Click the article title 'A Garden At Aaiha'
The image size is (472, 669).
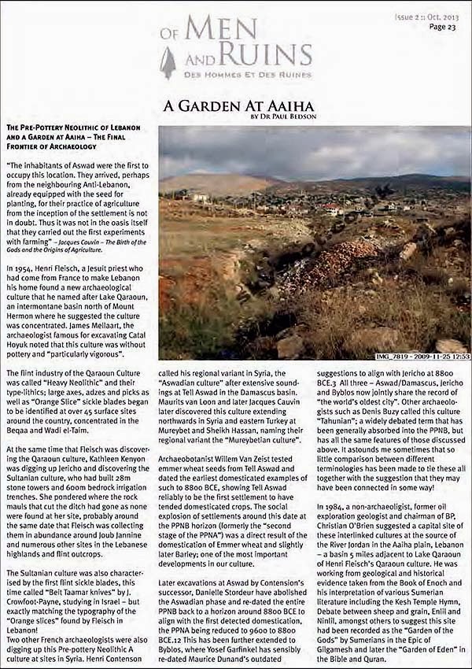238,105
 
